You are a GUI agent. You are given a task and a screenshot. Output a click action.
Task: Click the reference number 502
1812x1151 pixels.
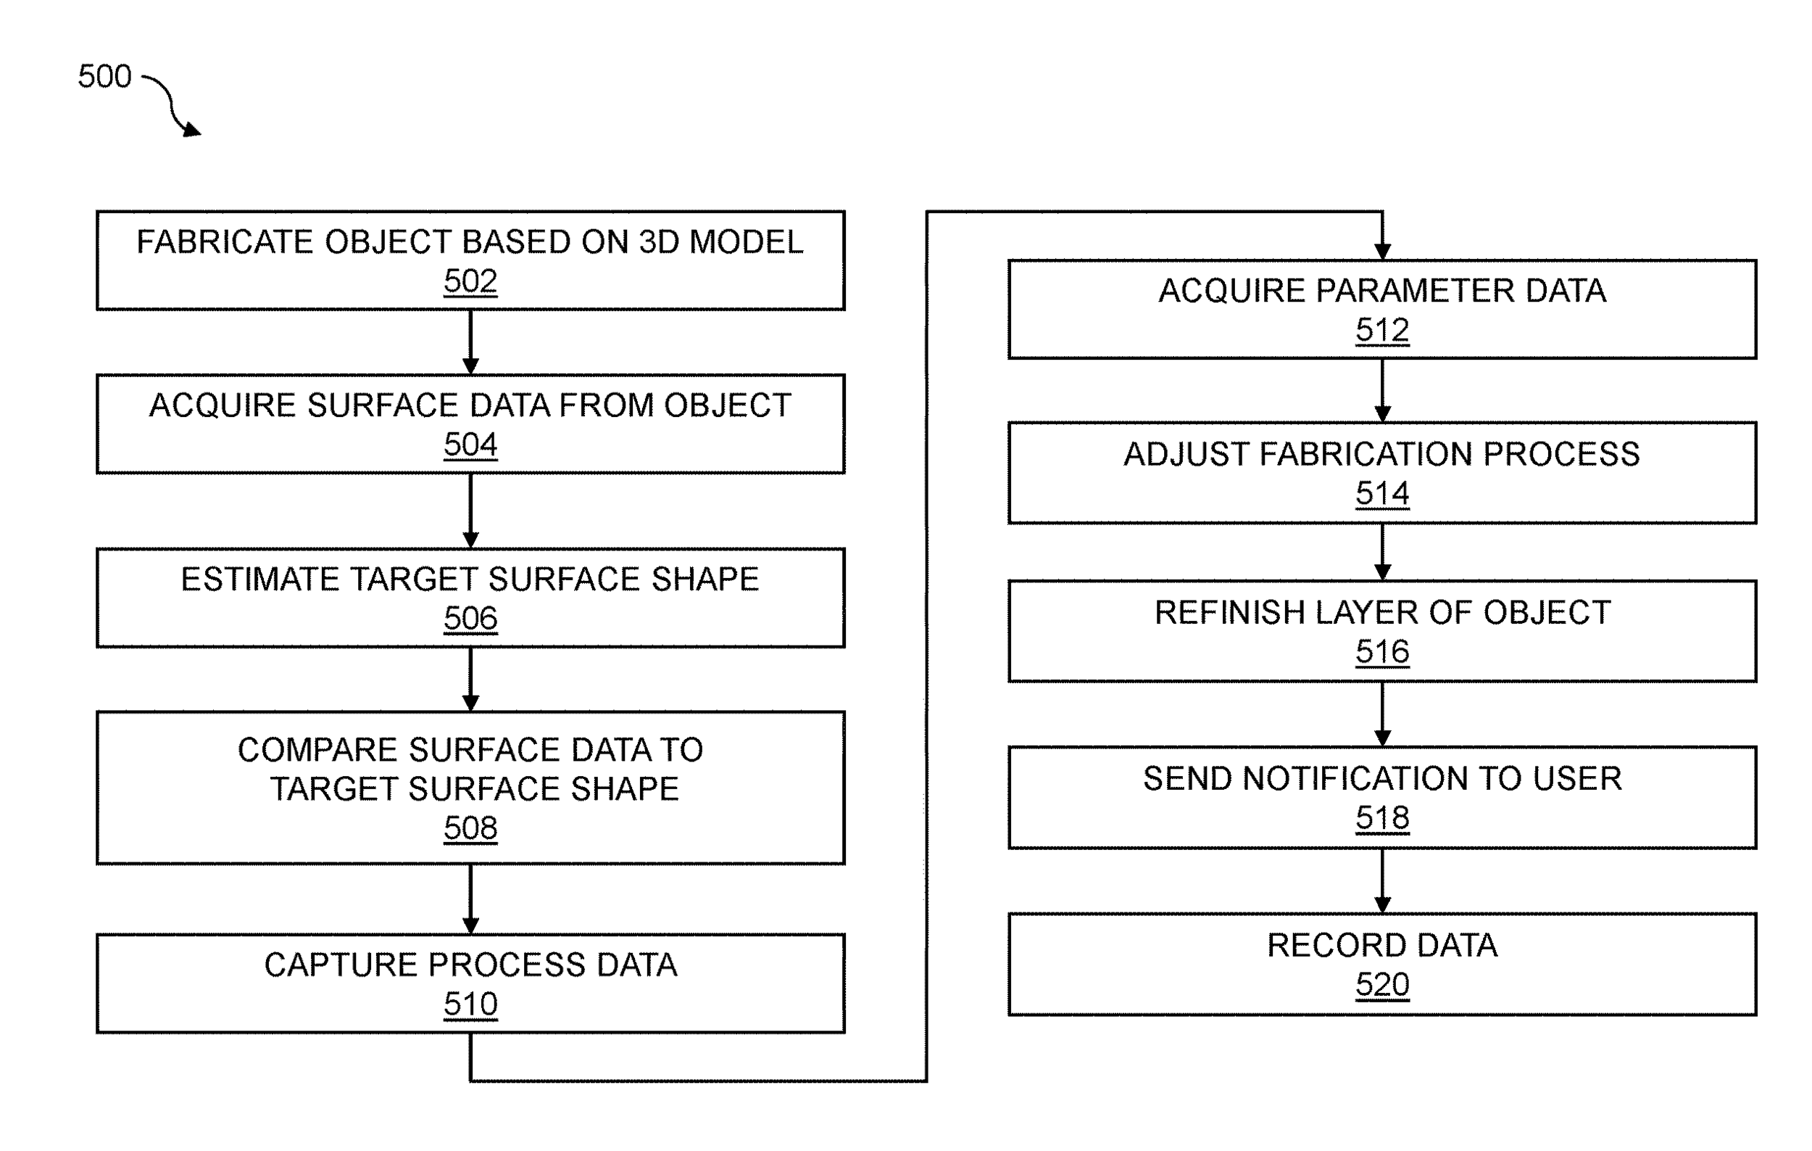(470, 281)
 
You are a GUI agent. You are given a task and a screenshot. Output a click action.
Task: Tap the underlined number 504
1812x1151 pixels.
(470, 445)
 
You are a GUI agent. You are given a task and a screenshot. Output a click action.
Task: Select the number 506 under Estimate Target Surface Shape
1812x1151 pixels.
(470, 619)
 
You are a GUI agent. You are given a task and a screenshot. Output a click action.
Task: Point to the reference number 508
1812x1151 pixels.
(470, 828)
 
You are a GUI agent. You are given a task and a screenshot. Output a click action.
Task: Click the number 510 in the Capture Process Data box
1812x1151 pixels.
(470, 1004)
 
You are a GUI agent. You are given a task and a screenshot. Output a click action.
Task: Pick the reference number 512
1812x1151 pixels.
(1381, 331)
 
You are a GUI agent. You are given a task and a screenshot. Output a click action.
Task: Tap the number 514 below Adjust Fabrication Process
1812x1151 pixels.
(1381, 494)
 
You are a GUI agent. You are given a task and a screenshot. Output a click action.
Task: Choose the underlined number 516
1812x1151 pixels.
(1381, 652)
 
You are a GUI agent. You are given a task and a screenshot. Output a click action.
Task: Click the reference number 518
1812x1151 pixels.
(1381, 818)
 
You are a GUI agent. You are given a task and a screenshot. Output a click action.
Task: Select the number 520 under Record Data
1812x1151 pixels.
(1381, 985)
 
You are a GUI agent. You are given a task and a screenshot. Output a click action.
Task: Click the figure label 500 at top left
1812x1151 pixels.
(104, 77)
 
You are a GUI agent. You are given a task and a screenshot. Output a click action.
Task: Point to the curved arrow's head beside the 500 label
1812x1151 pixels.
(193, 131)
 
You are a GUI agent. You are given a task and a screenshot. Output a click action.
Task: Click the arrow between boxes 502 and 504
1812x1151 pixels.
(470, 342)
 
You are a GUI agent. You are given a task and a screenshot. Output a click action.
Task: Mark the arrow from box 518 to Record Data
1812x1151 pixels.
(1381, 881)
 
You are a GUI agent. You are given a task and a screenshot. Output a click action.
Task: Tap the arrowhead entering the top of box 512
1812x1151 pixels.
(1381, 252)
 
